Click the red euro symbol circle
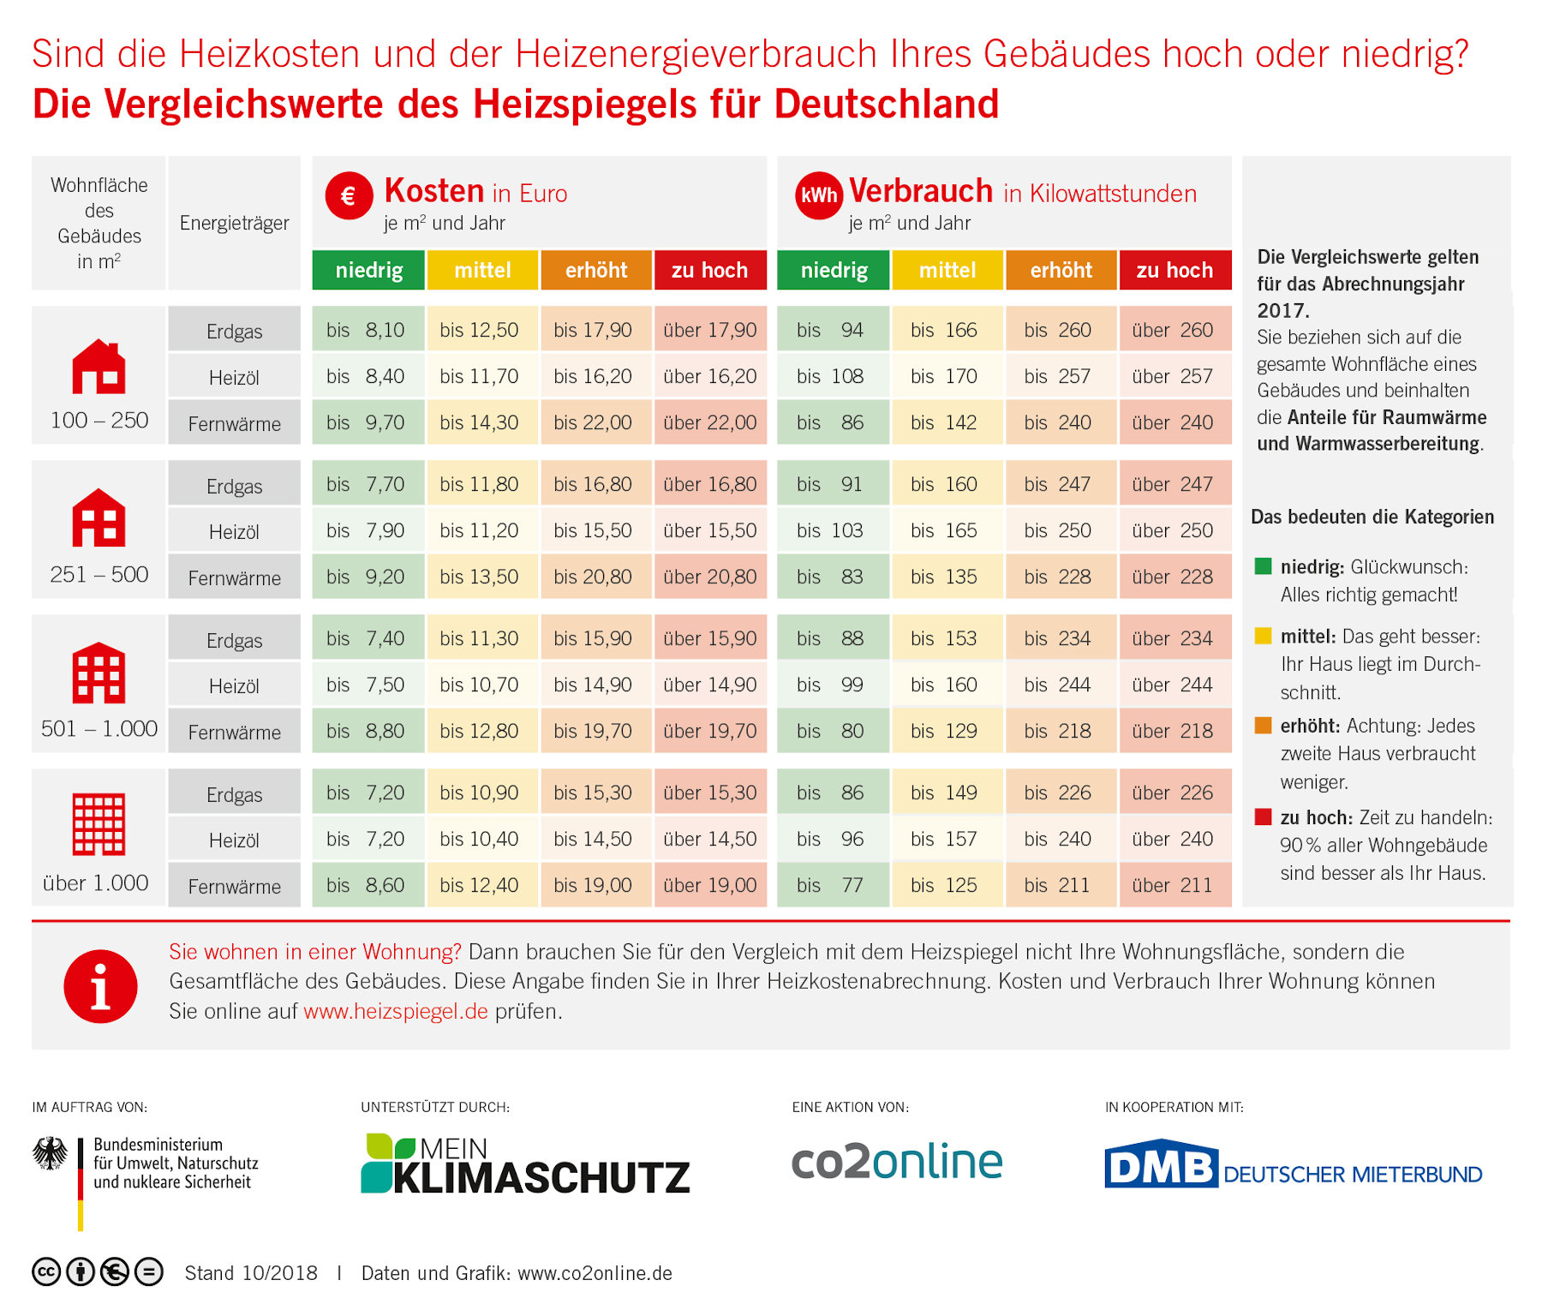349,195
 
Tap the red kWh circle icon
818,195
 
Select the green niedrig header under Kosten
368,270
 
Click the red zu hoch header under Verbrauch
1174,270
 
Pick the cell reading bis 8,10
368,330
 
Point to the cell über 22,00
709,422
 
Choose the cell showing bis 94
832,330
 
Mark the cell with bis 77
832,885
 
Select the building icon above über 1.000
99,823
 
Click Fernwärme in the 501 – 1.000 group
234,732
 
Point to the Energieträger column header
234,223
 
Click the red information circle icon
100,986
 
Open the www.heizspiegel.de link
396,1011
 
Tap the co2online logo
896,1162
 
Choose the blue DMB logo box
1161,1165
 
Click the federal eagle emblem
51,1153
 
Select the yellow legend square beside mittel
1263,636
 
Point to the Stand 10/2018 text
251,1273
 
